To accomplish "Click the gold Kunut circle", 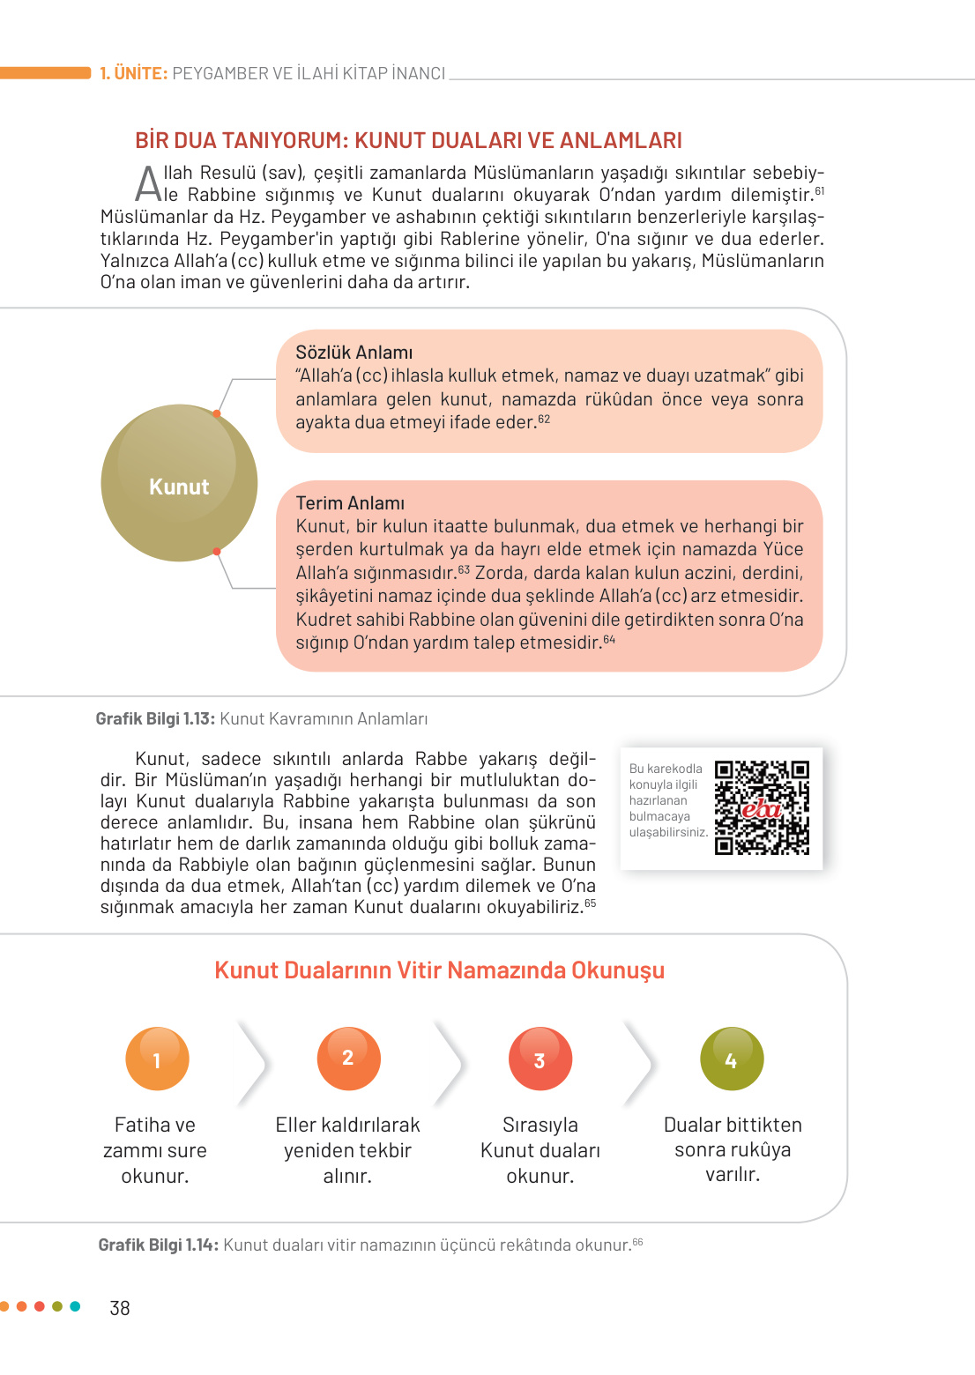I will [179, 483].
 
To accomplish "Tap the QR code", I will [762, 808].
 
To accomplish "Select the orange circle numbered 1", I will [157, 1059].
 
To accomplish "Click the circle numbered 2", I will [348, 1059].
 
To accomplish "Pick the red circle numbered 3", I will [540, 1059].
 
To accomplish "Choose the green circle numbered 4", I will [731, 1059].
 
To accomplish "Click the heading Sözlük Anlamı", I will [354, 353].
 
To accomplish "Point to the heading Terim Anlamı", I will [350, 503].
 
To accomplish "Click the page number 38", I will [120, 1308].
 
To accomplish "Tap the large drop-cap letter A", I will [148, 184].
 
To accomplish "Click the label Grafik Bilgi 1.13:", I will [155, 719].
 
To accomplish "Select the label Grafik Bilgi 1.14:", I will [158, 1245].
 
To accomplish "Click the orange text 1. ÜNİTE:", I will [133, 74].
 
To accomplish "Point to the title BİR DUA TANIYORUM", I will [238, 141].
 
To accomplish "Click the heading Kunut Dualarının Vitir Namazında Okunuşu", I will [439, 970].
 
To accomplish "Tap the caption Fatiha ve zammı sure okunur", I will [155, 1150].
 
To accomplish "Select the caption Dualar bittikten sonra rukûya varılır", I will [733, 1149].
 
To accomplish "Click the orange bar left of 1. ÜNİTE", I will [45, 73].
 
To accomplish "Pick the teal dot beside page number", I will [75, 1306].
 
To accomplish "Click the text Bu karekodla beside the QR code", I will [666, 769].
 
